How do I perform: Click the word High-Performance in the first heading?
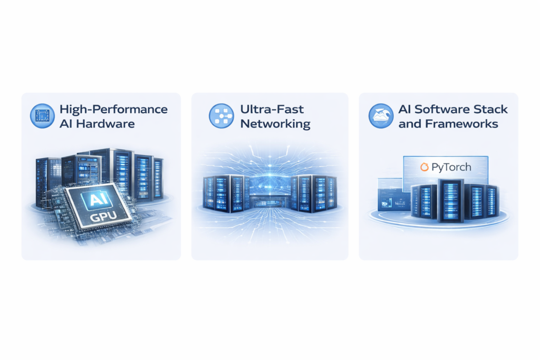click(113, 110)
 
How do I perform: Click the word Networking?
click(275, 124)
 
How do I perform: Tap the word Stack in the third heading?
click(491, 110)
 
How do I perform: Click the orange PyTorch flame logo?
click(424, 168)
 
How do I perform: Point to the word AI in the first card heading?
click(67, 124)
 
